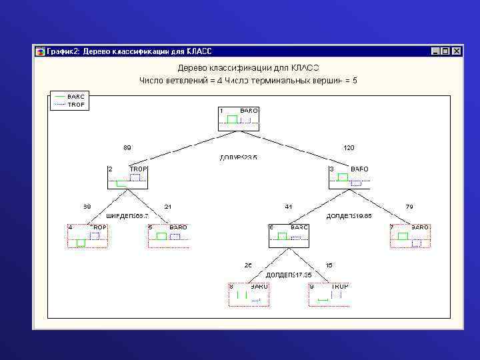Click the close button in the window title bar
point(457,51)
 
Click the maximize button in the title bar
point(445,51)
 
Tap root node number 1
point(238,119)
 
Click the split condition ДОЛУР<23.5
point(238,158)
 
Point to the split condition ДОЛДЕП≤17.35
point(289,275)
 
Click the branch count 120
point(349,147)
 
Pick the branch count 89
point(127,147)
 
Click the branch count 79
point(409,207)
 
